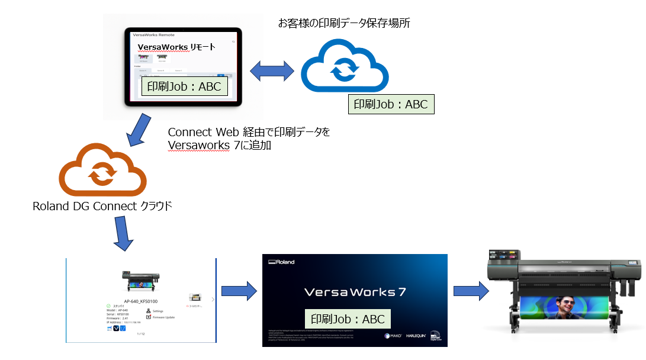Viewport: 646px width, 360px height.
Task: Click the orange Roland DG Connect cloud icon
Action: (x=101, y=172)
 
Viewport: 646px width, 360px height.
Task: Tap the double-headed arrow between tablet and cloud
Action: (x=272, y=72)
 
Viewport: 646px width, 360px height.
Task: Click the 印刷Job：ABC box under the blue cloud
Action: (x=391, y=104)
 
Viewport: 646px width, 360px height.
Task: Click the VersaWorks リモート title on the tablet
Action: (x=176, y=47)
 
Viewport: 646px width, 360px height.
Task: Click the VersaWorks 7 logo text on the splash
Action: (x=355, y=292)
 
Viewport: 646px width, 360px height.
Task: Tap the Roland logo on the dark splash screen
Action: (x=282, y=262)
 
